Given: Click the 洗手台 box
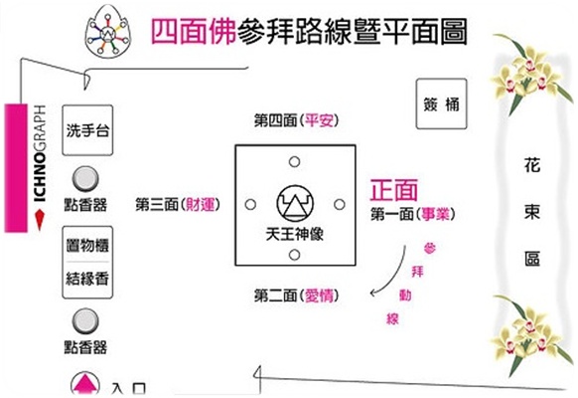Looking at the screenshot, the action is click(87, 130).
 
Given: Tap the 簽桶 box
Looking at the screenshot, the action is click(442, 103).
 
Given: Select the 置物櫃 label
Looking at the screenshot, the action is click(87, 245).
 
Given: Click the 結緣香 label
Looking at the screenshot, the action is click(87, 278).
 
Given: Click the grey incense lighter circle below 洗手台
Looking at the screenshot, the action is click(85, 179).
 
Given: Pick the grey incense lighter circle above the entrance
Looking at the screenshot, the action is click(85, 321).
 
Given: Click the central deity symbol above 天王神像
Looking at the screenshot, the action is click(295, 203).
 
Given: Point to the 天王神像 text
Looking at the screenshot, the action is click(295, 234).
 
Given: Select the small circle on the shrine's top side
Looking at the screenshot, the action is click(294, 162).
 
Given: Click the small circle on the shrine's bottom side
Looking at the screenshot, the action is click(294, 255).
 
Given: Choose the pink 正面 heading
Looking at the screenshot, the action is click(394, 190).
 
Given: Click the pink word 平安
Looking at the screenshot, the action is click(319, 120).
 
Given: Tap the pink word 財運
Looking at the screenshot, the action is click(200, 204).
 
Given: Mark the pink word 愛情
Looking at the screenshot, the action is click(319, 296).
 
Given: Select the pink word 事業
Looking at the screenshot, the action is click(436, 214).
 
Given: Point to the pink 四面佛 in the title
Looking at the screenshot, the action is click(194, 32).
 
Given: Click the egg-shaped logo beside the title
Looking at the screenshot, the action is click(108, 32).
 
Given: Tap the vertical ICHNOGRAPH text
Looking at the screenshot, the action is click(40, 153).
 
